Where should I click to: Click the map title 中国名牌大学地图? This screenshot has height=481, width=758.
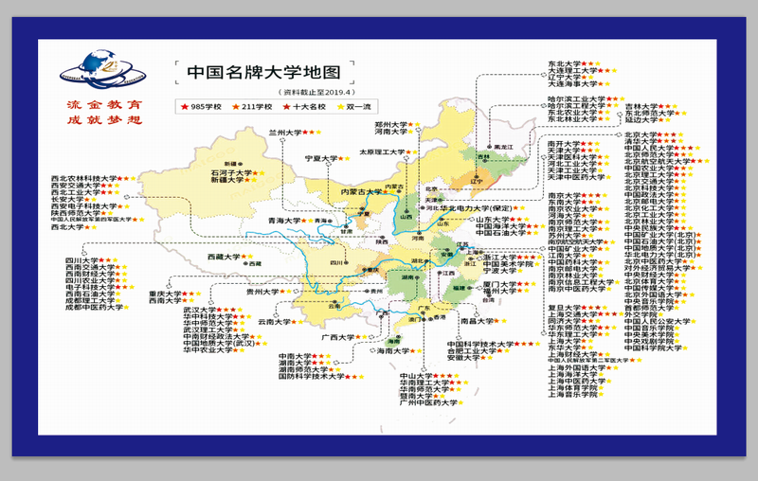[x=252, y=71]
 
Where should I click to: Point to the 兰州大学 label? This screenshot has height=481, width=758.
[x=284, y=134]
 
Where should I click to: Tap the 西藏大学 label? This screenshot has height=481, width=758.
[x=225, y=257]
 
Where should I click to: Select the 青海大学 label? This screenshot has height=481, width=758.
[x=284, y=221]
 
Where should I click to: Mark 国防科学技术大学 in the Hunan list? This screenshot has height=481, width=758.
[x=309, y=376]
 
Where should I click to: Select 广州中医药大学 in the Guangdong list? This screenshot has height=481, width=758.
[x=428, y=402]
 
